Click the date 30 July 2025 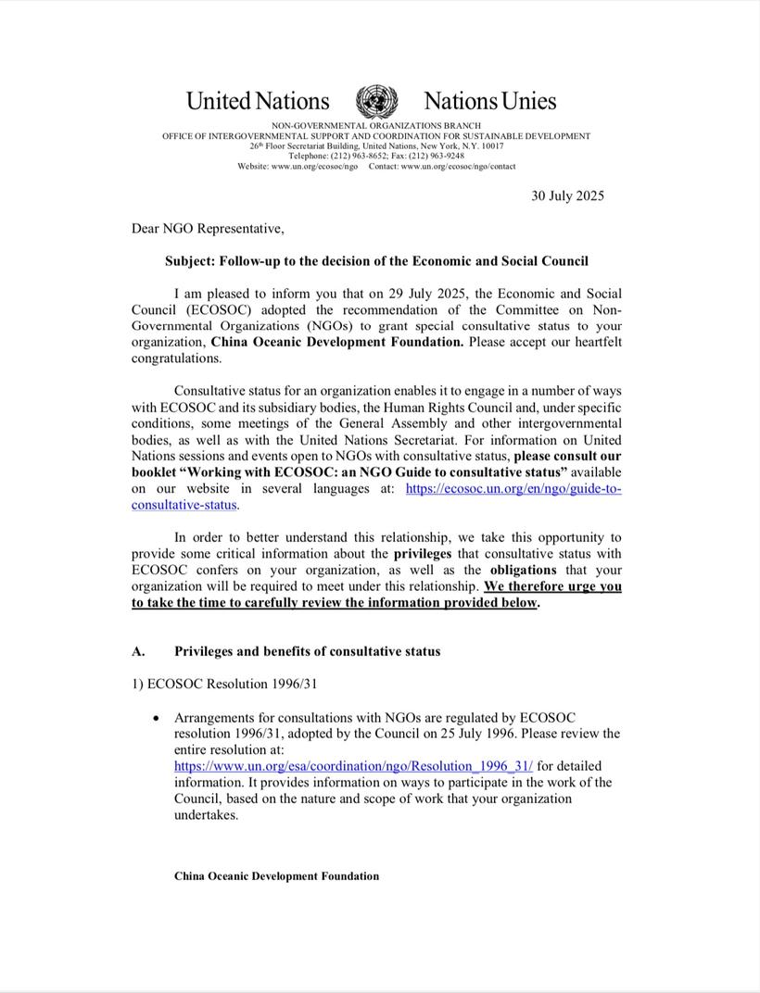click(x=567, y=195)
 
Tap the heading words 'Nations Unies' click(x=489, y=101)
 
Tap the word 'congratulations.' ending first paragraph click(x=176, y=358)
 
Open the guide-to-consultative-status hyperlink click(x=513, y=488)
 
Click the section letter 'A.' click(x=138, y=651)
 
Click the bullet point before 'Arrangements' click(x=157, y=718)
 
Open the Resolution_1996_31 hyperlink click(x=353, y=766)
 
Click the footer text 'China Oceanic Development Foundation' click(x=276, y=876)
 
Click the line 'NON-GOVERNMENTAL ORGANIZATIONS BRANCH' click(x=375, y=125)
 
